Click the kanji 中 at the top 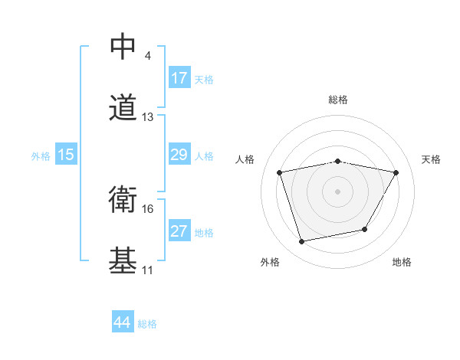[x=123, y=46]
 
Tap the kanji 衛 [x=123, y=199]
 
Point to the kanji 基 [x=123, y=261]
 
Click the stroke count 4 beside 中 [x=146, y=55]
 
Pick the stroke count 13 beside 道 [x=148, y=117]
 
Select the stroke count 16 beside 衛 [x=148, y=208]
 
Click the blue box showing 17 [x=179, y=78]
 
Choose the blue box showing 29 [x=179, y=155]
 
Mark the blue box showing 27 [x=179, y=231]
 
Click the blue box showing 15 [x=66, y=155]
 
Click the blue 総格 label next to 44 [x=147, y=324]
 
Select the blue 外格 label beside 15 [x=41, y=156]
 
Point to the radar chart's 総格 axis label [x=338, y=100]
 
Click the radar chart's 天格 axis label [x=432, y=159]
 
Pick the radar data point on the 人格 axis [x=280, y=172]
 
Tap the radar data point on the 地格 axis [x=365, y=229]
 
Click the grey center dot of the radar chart [x=338, y=191]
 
